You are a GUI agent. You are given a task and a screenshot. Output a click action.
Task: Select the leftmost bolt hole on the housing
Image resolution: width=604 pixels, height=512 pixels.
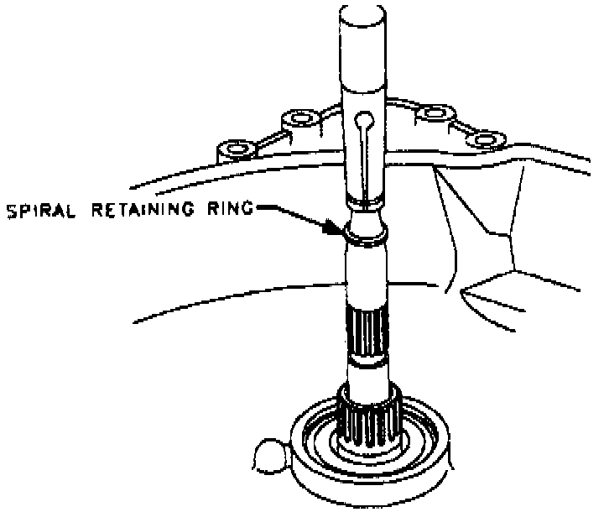coord(234,151)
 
